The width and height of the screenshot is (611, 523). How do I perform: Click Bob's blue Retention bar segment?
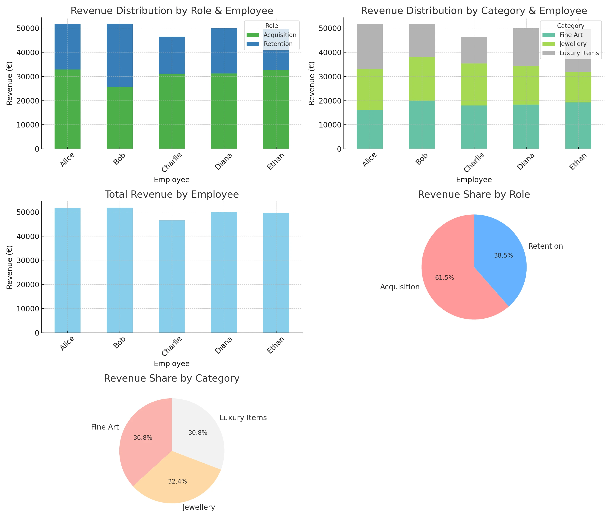(119, 55)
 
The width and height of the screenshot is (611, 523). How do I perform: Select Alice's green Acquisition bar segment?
(67, 109)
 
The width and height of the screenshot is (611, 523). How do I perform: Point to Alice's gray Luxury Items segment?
(369, 47)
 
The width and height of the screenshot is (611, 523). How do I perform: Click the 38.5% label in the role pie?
(503, 256)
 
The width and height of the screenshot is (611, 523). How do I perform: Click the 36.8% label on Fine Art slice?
(143, 438)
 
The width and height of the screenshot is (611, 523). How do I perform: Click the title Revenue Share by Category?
(172, 378)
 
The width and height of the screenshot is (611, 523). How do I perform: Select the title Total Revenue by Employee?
(172, 195)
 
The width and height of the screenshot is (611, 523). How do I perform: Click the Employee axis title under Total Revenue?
(172, 364)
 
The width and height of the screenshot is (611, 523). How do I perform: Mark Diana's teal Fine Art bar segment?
(526, 127)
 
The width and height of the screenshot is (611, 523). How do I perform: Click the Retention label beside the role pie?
(545, 246)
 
